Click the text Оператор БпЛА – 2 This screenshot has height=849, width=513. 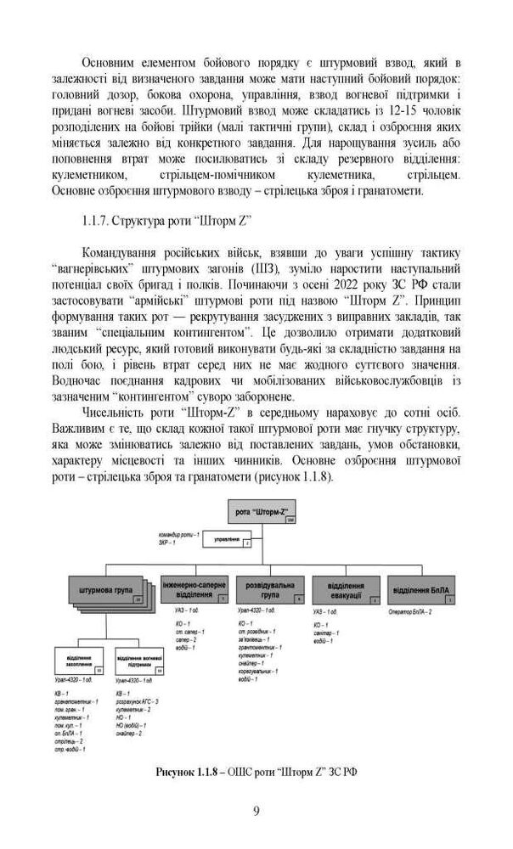click(409, 612)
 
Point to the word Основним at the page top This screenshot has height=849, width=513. click(109, 62)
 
